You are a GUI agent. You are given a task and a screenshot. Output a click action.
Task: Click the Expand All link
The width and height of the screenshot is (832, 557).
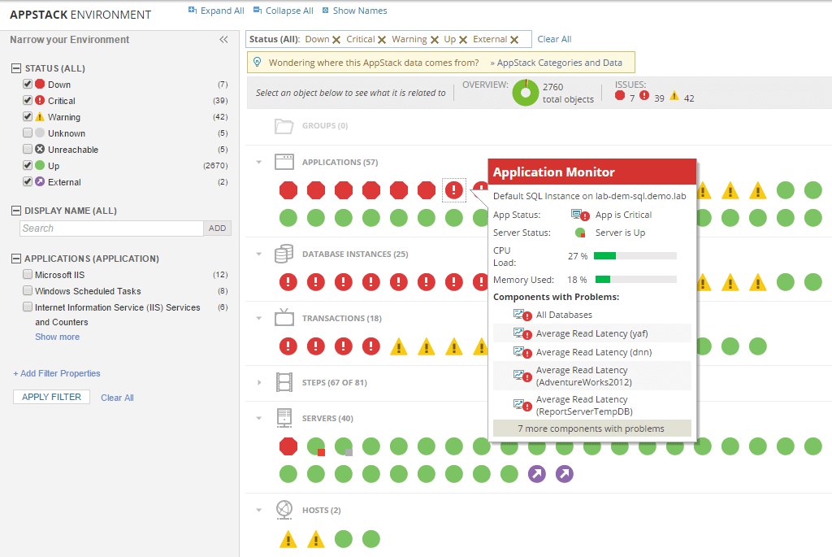(216, 11)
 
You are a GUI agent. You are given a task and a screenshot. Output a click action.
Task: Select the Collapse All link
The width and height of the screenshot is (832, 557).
(284, 11)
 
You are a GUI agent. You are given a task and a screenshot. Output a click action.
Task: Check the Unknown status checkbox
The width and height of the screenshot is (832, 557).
(28, 133)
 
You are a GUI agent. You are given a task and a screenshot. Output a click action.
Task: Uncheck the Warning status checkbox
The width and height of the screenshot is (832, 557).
(28, 116)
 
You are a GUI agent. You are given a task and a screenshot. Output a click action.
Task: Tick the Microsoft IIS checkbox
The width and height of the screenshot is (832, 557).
(28, 275)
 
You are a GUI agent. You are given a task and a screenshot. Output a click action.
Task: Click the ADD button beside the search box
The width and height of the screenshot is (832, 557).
(217, 228)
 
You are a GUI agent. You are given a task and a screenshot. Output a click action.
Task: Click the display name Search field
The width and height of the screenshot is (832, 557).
(111, 228)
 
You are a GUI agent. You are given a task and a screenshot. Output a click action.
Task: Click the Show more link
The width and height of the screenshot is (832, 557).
(58, 337)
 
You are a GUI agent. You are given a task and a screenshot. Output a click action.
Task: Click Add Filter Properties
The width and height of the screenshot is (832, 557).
(57, 373)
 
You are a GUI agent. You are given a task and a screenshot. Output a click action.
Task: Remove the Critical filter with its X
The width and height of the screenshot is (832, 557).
(382, 40)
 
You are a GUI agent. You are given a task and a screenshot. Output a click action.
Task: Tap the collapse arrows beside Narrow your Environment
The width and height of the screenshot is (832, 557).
(223, 39)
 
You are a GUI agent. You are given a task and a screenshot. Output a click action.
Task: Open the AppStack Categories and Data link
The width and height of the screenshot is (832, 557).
(556, 63)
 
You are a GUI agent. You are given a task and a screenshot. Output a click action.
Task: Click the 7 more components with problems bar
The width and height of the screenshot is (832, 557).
(591, 429)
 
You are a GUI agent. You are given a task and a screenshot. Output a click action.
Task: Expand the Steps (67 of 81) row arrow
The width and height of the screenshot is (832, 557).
(259, 382)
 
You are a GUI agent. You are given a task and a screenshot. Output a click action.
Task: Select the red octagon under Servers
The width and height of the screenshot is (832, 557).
(288, 446)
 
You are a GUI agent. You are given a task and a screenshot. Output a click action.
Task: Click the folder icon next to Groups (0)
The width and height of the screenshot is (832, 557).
(284, 126)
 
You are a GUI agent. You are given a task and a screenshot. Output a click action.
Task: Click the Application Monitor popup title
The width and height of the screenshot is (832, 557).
(553, 172)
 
